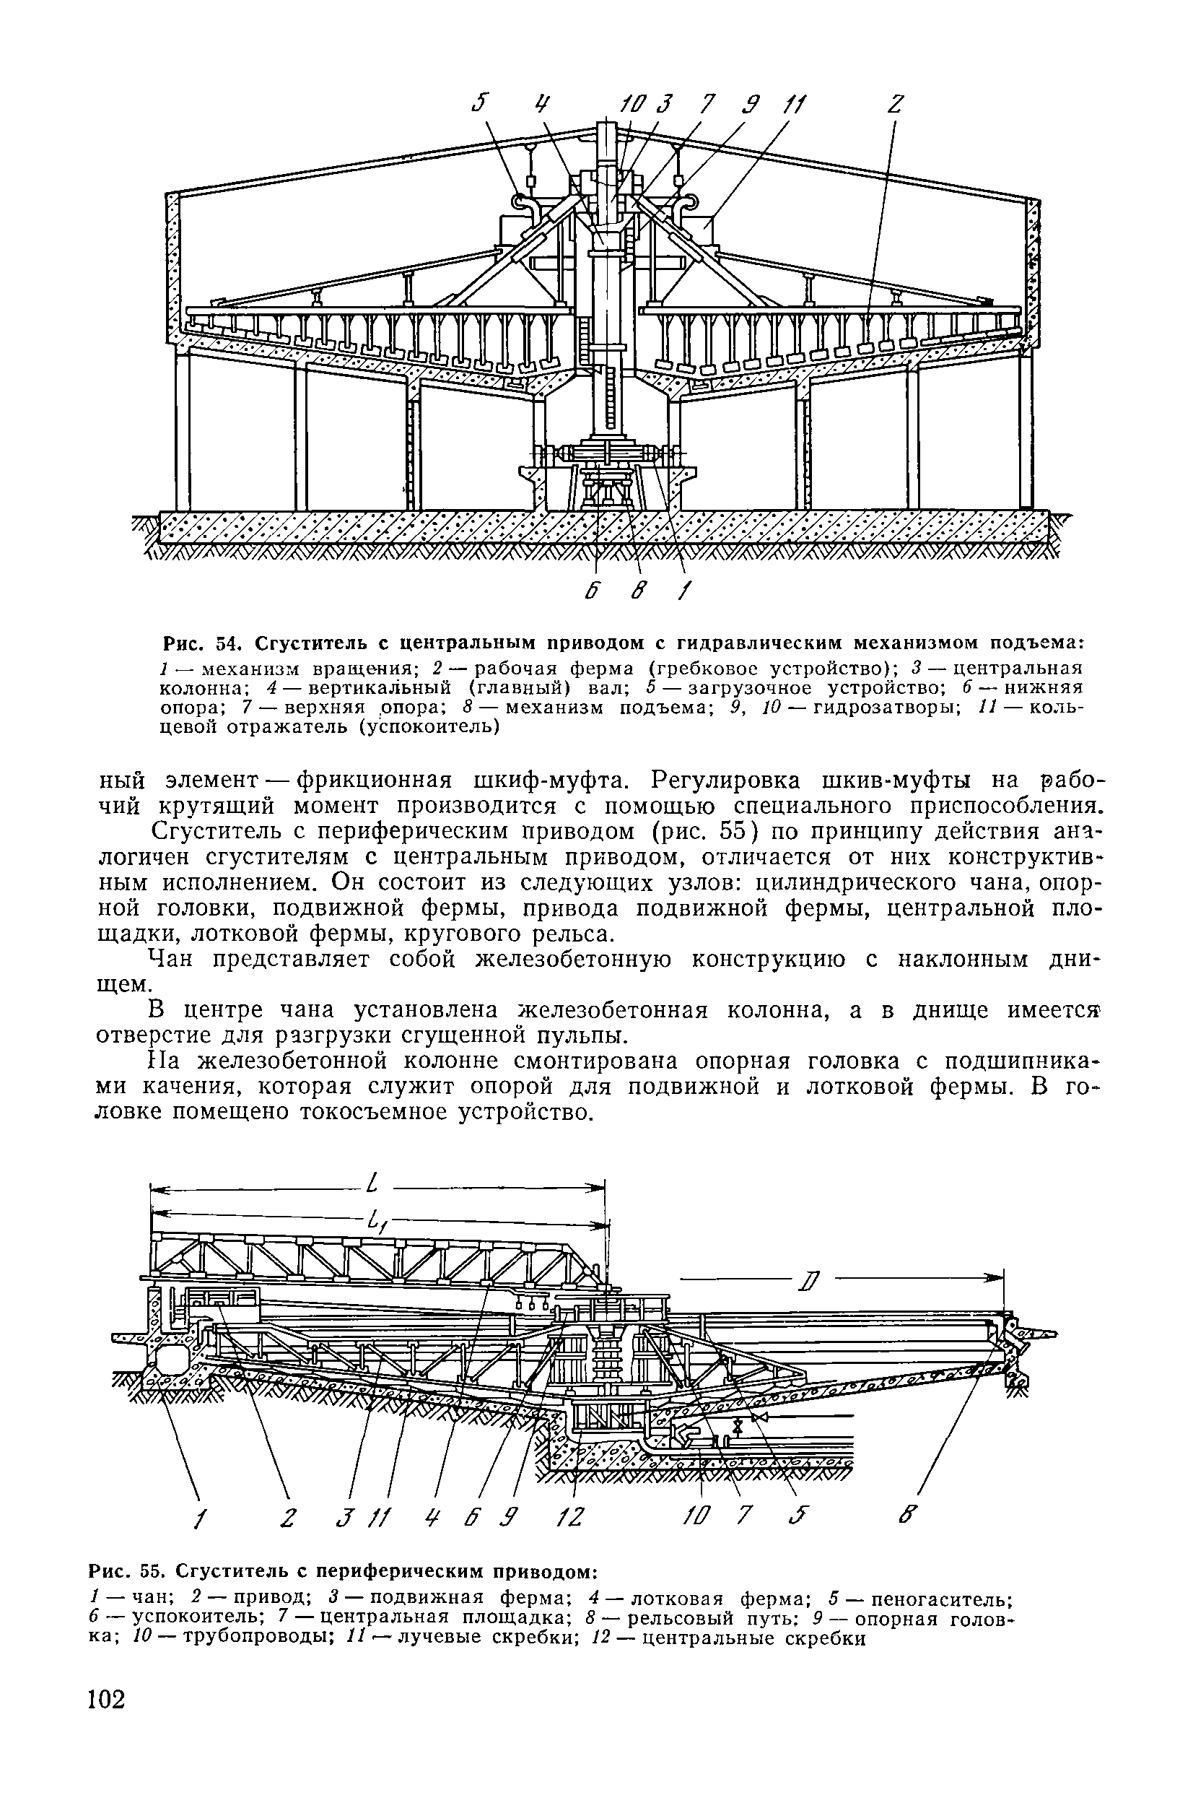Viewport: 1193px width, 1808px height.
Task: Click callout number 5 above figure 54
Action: coord(479,103)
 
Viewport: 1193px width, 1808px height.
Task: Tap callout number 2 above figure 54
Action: coord(895,104)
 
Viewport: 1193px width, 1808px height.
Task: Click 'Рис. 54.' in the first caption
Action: coord(200,643)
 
